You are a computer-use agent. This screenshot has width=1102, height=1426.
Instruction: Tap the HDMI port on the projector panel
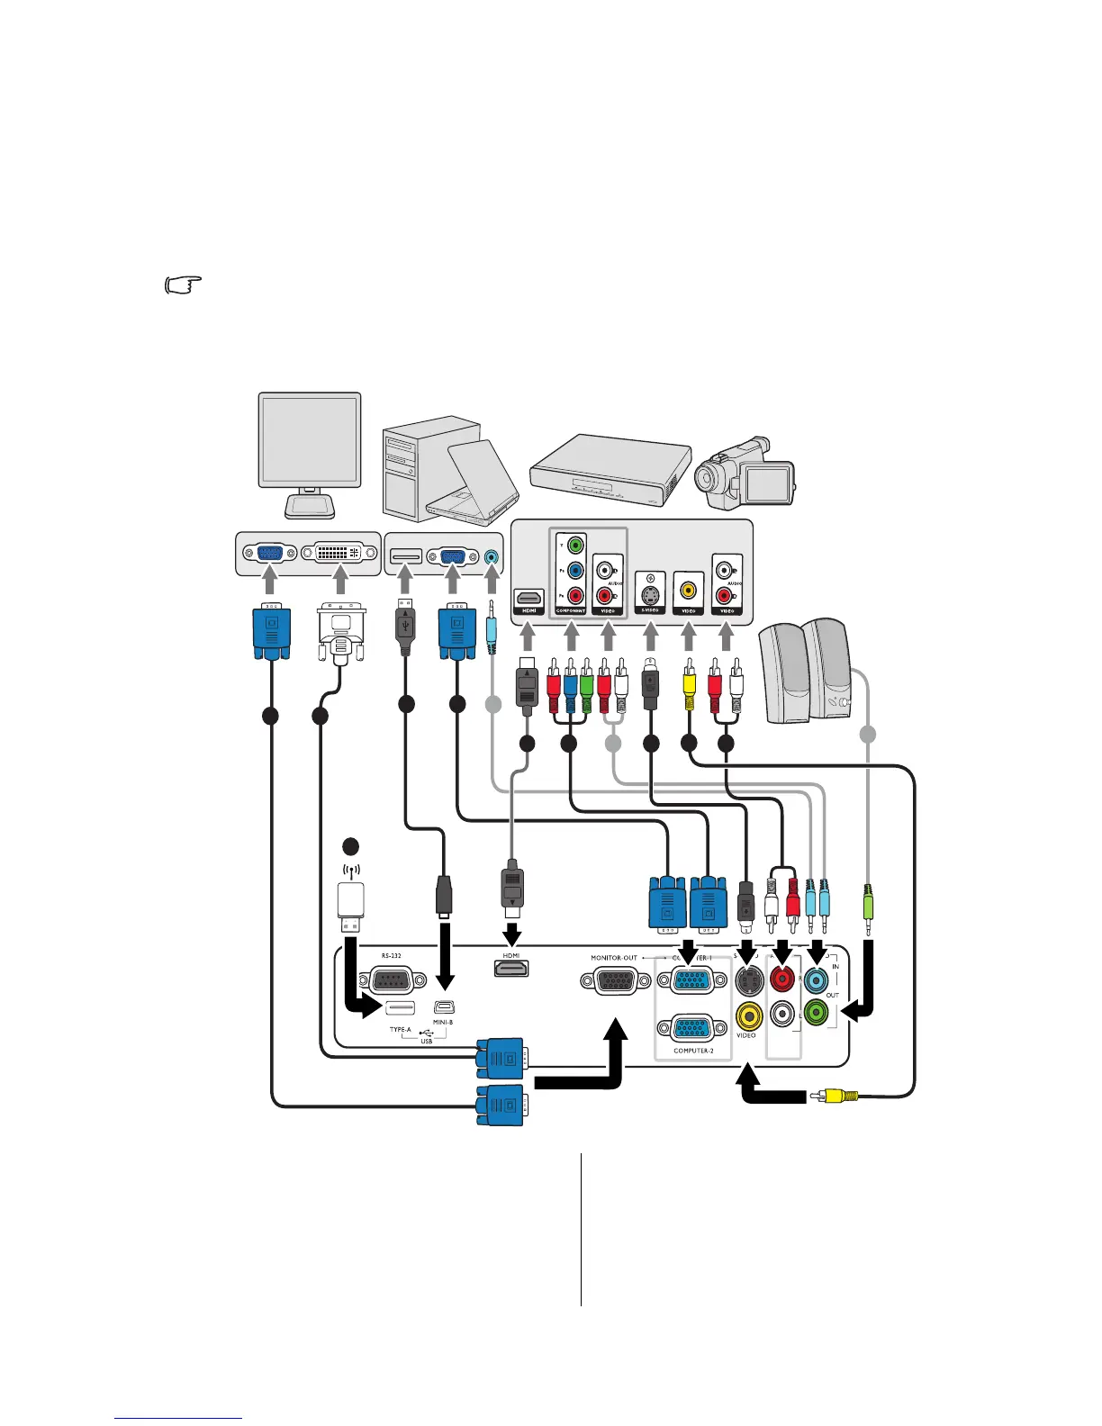coord(511,968)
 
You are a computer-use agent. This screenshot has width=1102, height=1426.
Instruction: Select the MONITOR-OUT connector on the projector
coord(616,980)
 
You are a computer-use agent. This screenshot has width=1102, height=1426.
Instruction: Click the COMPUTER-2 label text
coord(692,1051)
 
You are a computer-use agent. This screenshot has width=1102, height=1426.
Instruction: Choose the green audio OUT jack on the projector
coord(815,1014)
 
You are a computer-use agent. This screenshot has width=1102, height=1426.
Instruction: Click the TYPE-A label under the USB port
coord(400,1029)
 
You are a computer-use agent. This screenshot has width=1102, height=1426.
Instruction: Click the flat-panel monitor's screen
coord(310,441)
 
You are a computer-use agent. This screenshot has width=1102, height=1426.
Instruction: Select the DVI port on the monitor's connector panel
coord(339,553)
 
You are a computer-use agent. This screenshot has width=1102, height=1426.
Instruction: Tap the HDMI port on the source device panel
coord(528,598)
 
